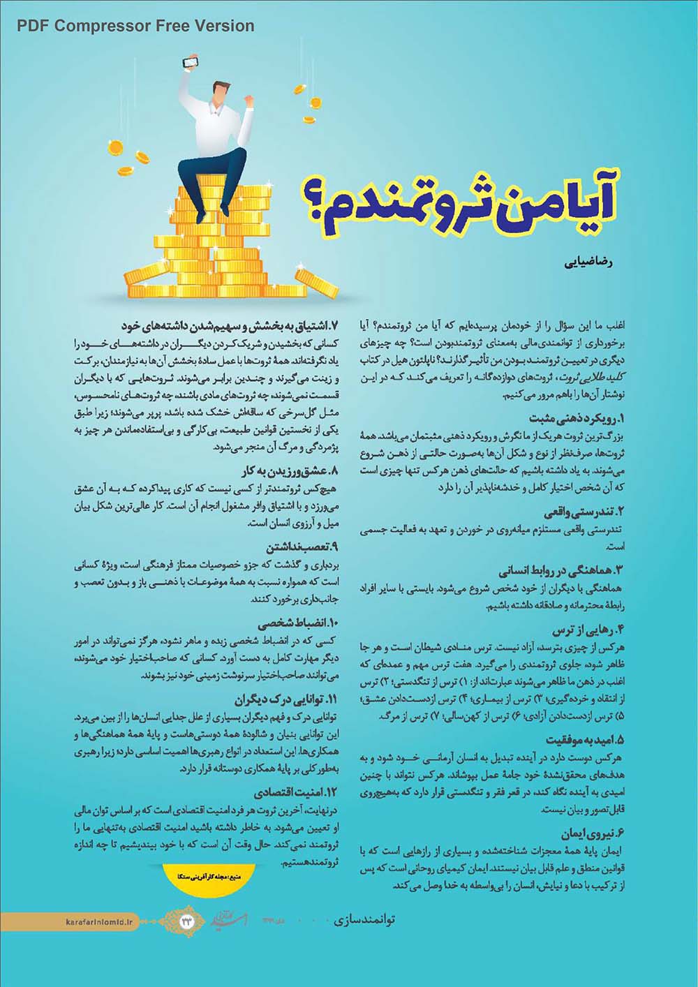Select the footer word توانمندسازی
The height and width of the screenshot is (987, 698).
(x=361, y=920)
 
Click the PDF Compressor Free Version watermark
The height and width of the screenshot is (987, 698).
(x=135, y=26)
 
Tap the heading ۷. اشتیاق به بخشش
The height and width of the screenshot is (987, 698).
(x=229, y=326)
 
